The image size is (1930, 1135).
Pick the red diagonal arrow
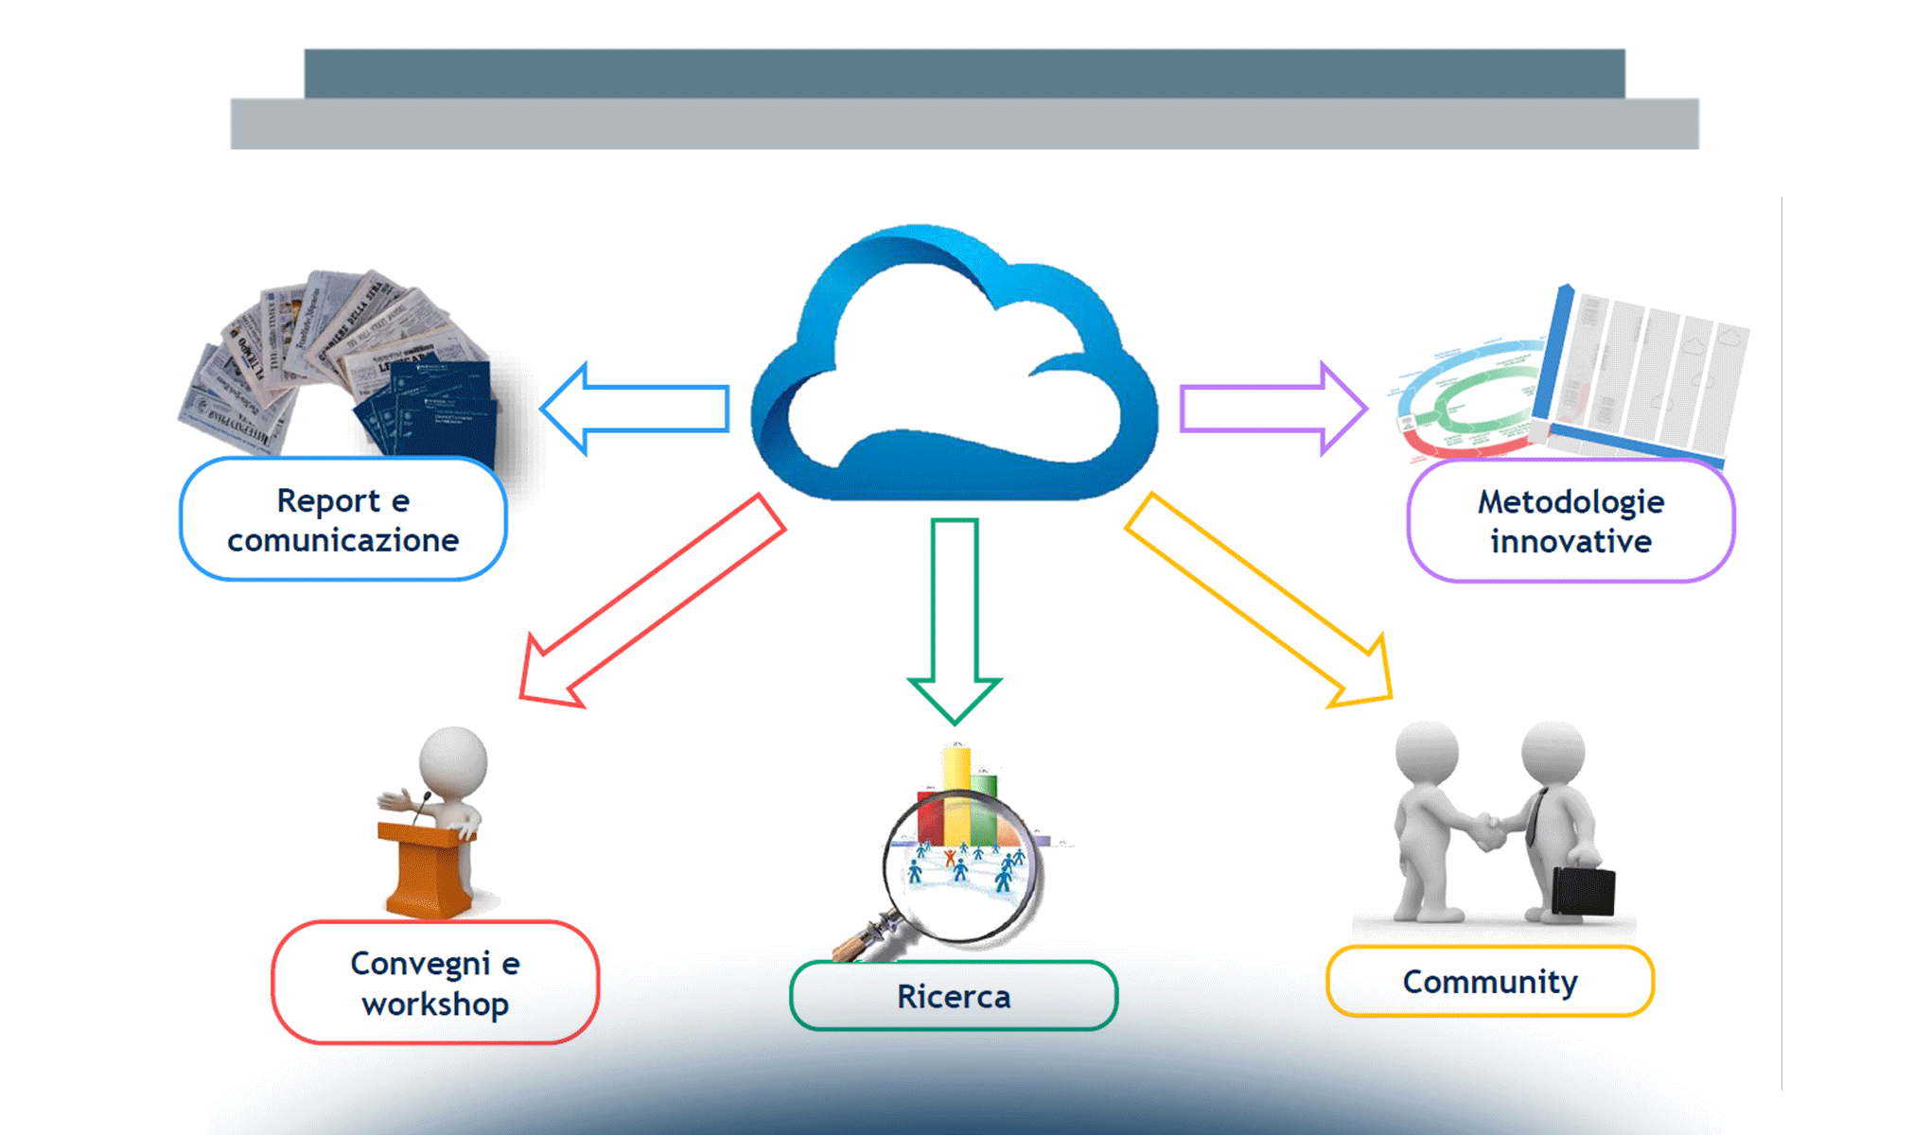point(653,601)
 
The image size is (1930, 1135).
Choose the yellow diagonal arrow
point(1258,601)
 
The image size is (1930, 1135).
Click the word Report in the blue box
point(328,501)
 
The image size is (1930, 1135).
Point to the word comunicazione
point(342,541)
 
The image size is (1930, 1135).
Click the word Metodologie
point(1570,502)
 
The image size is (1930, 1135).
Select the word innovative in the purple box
point(1570,542)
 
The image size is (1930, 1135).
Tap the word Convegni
point(420,964)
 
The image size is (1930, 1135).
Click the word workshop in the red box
point(435,1004)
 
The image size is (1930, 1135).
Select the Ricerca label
point(954,997)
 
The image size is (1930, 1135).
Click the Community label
point(1490,982)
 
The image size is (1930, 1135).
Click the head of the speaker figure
point(454,761)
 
